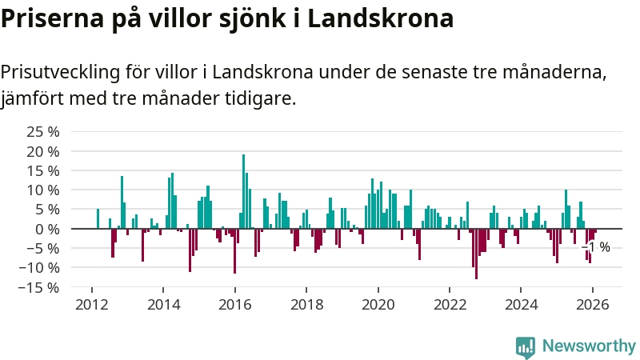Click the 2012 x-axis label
(x=92, y=304)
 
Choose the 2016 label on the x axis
(x=235, y=304)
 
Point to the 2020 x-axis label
(x=378, y=304)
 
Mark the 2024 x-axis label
(x=522, y=304)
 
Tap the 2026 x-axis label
(x=593, y=304)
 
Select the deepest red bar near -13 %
(x=476, y=254)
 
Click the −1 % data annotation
(x=598, y=247)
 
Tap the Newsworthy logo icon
(x=526, y=346)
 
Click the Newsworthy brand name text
(x=589, y=346)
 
